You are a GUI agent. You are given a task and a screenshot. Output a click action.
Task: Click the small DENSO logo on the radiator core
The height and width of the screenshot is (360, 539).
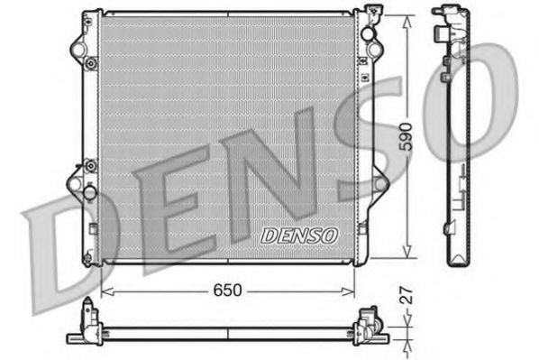point(298,235)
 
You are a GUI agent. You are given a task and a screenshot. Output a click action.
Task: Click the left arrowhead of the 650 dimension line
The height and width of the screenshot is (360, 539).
point(104,291)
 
